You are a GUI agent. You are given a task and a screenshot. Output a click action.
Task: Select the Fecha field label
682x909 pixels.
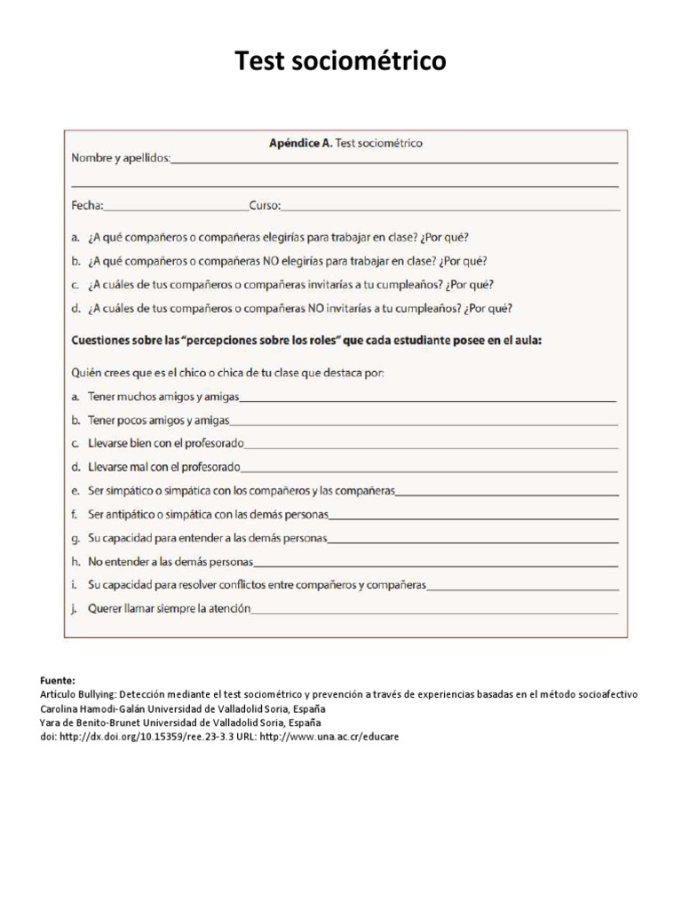pos(86,206)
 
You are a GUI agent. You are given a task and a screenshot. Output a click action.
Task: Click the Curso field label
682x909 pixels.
pos(264,206)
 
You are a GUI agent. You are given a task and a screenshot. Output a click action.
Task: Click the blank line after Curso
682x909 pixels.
pos(449,209)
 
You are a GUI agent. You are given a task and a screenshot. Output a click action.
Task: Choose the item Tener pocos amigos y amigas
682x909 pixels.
pos(158,419)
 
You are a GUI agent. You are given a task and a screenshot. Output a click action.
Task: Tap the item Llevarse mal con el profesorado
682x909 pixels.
pos(164,466)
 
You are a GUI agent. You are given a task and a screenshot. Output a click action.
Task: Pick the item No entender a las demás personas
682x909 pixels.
pos(170,562)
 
